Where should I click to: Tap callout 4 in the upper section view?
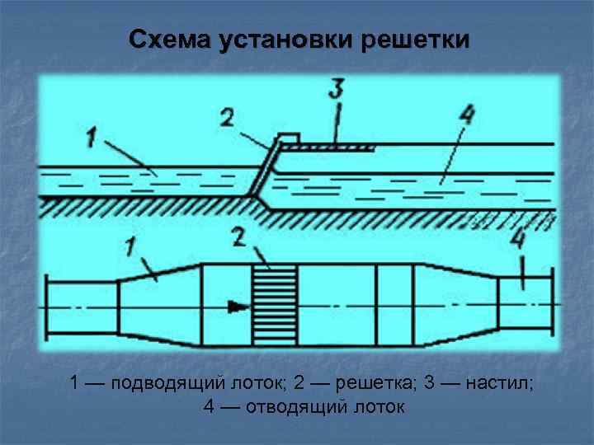467,116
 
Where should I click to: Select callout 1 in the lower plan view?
130,245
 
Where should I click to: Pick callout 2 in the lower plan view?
239,238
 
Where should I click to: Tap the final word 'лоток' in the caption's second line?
379,406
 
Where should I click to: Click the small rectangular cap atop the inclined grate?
287,137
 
